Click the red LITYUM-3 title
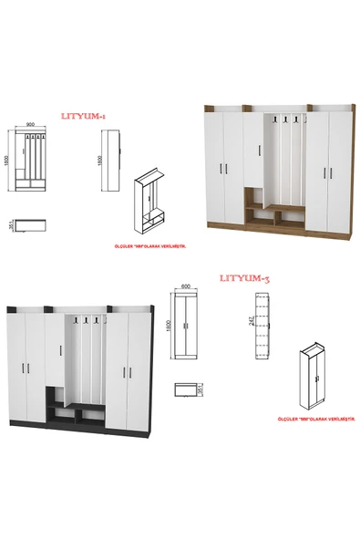(x=244, y=277)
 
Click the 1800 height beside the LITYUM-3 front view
(x=169, y=326)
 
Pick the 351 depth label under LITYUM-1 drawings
(x=9, y=226)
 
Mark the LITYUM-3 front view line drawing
(x=189, y=327)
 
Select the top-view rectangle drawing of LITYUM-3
(x=187, y=390)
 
